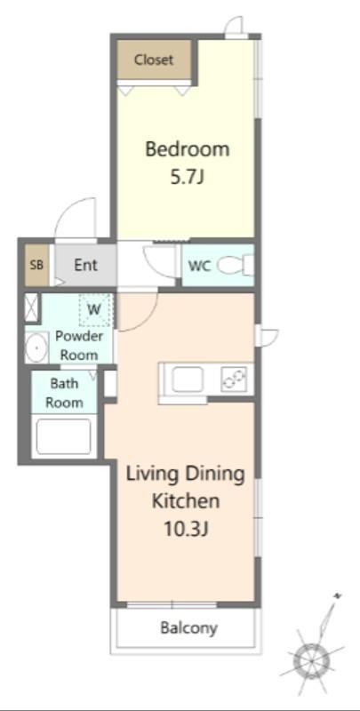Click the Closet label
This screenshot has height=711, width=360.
[154, 60]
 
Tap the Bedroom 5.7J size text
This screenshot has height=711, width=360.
[187, 178]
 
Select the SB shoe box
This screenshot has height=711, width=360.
[36, 265]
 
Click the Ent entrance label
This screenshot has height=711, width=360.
[85, 265]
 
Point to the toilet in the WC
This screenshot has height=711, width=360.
[236, 265]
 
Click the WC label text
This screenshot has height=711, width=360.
[199, 266]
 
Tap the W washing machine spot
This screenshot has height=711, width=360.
[94, 310]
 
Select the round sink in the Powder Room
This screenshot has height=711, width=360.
[36, 348]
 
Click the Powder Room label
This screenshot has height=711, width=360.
[79, 346]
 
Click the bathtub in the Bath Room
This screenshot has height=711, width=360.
[63, 436]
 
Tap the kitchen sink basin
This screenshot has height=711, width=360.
[188, 379]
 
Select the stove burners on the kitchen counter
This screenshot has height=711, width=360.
[234, 379]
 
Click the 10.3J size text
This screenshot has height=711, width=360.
[186, 529]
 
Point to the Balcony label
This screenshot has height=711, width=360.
[189, 628]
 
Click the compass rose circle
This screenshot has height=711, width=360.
[311, 659]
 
